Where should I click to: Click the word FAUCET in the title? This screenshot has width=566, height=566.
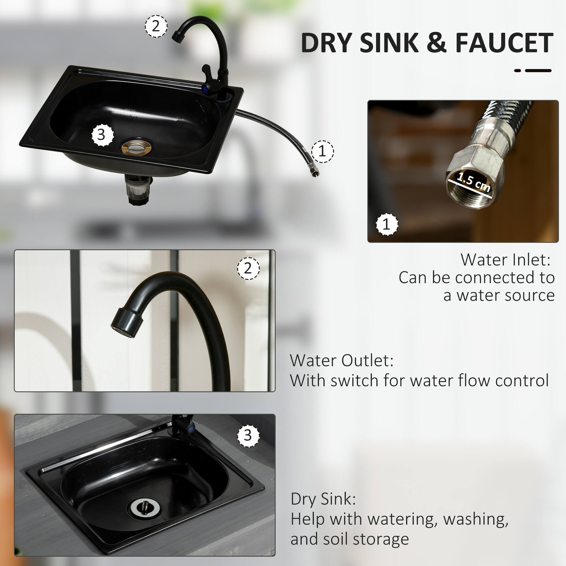point(504,43)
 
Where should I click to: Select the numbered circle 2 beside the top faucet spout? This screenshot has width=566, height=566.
point(156,26)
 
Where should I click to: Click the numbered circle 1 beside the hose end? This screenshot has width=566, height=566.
point(322,151)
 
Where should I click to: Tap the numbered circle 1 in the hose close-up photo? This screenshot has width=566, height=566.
point(387,224)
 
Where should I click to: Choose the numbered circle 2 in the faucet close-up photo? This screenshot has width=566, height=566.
point(248,268)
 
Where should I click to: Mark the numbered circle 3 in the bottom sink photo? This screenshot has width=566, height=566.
point(248,435)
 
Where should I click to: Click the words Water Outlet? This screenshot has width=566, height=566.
point(342,360)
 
